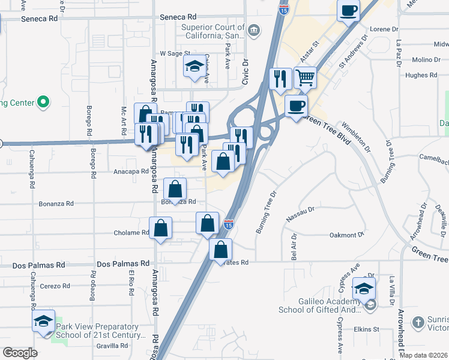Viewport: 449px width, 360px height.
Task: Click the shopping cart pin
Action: pos(306,78)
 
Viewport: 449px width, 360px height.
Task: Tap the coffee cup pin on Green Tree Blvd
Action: pos(296,107)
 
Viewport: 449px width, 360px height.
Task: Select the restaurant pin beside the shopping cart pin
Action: pos(280,79)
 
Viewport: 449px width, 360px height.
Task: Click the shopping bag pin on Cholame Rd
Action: pos(161,228)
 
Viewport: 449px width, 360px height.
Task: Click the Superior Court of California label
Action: pos(213,31)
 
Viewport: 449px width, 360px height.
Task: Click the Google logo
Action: pos(20,353)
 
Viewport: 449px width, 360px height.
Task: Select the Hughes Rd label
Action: pos(421,75)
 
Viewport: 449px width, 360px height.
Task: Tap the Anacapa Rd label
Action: pos(130,171)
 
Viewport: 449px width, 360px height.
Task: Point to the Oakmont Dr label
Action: pos(347,236)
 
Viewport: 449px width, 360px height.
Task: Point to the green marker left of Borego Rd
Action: pos(43,103)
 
